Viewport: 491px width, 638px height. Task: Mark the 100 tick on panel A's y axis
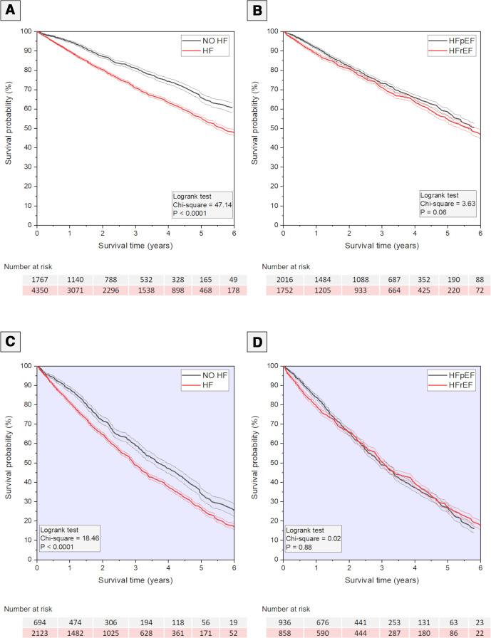tap(26, 32)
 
